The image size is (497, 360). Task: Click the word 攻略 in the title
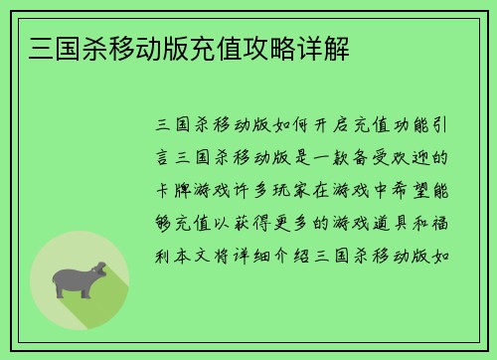tap(255, 47)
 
